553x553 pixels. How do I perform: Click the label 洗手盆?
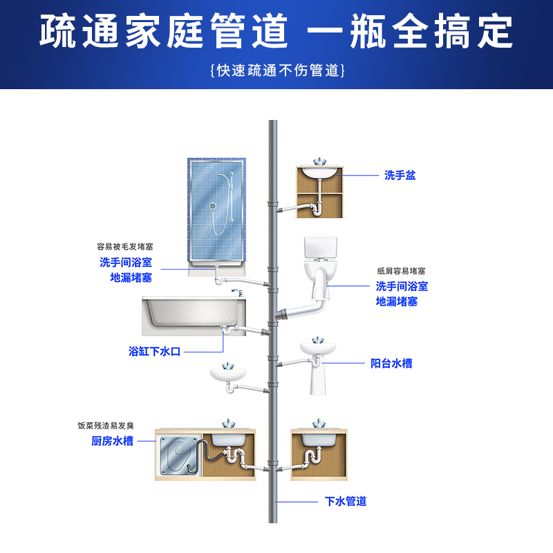click(400, 176)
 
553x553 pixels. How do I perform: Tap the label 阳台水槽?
click(391, 363)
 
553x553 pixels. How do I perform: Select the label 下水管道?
click(346, 501)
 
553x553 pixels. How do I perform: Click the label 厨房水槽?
click(113, 441)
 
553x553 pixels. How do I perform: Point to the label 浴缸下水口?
click(154, 351)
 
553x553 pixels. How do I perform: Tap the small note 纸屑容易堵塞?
click(401, 270)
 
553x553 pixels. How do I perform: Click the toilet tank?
click(320, 247)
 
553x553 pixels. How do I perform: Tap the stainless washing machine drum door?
click(178, 456)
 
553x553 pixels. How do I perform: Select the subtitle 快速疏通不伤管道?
click(276, 71)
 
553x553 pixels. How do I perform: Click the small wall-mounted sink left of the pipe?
click(227, 375)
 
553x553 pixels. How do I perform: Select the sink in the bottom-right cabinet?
click(318, 438)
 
